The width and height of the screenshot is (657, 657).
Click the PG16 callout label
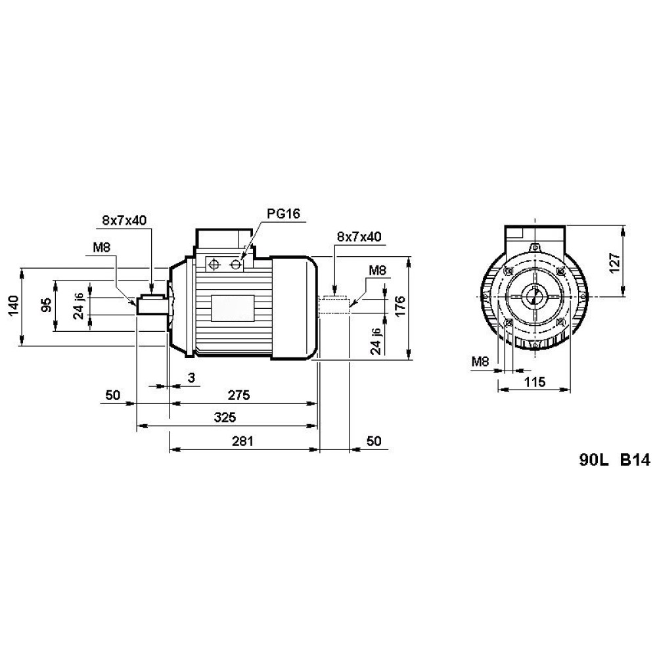click(283, 214)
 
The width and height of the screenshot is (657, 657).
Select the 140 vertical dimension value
click(12, 306)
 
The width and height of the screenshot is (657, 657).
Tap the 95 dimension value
click(46, 306)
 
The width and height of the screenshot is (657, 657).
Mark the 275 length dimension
click(240, 395)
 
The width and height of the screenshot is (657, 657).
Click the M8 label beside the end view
click(480, 361)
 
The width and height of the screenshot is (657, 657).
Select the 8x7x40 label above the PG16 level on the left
click(124, 220)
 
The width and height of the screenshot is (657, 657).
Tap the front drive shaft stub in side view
click(150, 305)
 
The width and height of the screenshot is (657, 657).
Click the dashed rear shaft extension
click(334, 305)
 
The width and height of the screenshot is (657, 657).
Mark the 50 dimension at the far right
click(373, 441)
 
